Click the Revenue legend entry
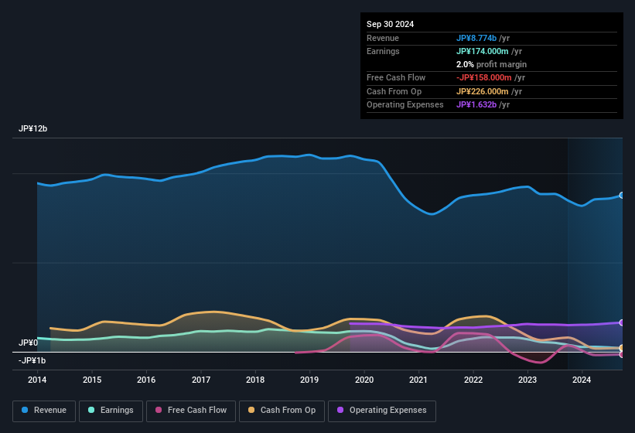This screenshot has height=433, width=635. click(44, 411)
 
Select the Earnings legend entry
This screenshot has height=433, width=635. click(111, 411)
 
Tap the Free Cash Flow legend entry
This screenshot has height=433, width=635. click(190, 411)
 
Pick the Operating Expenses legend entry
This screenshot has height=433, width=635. click(381, 411)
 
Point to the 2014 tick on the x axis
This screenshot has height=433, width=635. click(37, 380)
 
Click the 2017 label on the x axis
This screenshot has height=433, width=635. click(201, 380)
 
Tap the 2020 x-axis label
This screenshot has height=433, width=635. click(364, 380)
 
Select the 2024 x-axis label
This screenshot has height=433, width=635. click(582, 380)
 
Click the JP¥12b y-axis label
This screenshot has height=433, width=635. click(33, 129)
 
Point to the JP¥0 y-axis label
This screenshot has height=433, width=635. click(29, 343)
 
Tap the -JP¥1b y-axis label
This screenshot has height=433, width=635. click(32, 361)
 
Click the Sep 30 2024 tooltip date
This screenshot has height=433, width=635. click(390, 24)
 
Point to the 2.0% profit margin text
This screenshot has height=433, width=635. click(491, 64)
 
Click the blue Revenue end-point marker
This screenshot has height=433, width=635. click(622, 196)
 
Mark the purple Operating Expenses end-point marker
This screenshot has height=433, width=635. click(622, 322)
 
